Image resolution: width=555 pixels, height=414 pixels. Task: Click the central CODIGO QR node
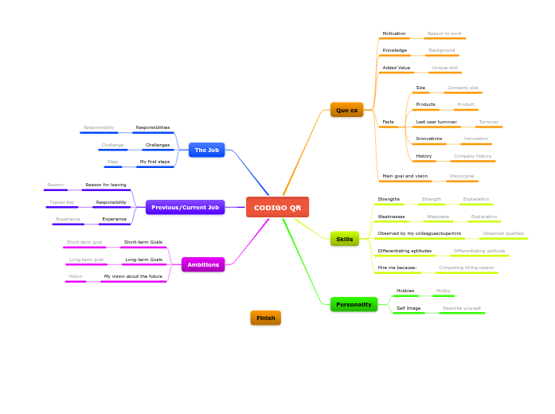point(277,208)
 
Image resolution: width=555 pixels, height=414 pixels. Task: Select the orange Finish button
point(265,318)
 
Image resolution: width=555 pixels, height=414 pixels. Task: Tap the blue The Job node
point(206,150)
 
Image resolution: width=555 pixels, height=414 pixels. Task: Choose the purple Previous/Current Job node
point(185,207)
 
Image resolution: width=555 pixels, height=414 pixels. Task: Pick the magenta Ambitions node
point(203,264)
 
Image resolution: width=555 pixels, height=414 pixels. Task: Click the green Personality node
point(354,304)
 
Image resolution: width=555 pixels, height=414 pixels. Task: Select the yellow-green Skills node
point(344,239)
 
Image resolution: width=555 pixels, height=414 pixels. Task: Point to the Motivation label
point(393,33)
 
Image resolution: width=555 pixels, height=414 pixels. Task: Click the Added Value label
point(396,68)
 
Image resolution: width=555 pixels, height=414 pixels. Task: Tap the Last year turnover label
point(436,122)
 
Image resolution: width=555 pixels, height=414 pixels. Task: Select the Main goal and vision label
point(405,176)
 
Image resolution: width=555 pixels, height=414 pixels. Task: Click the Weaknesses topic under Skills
point(391,217)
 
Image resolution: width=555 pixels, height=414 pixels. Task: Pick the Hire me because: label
point(397,268)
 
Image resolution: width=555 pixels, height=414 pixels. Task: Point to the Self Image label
point(408,307)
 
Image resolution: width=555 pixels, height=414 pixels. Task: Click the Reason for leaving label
point(106,185)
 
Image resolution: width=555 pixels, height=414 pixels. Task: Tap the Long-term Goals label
point(143,260)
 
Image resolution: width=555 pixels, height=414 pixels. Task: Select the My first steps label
point(154,162)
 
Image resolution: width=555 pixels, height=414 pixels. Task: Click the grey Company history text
point(472,156)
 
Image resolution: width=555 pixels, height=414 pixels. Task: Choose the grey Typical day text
point(61,202)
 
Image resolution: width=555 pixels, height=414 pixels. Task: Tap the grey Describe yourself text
point(462,307)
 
